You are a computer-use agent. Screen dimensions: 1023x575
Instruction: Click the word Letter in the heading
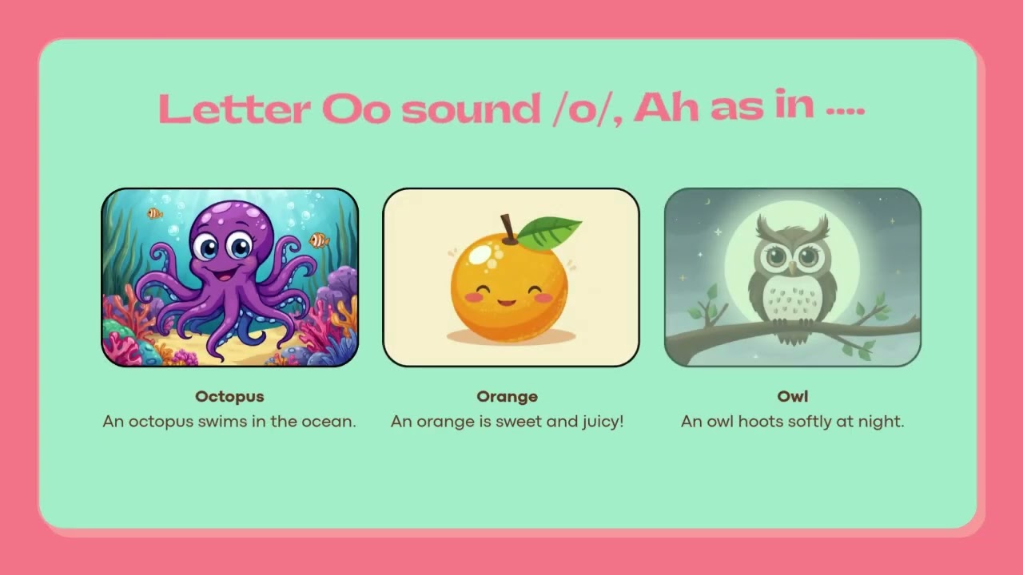(x=234, y=109)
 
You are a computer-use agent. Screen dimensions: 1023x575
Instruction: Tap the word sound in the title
(x=471, y=109)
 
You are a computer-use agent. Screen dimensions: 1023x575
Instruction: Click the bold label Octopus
(x=229, y=397)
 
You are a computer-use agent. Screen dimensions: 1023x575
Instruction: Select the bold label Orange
(x=507, y=397)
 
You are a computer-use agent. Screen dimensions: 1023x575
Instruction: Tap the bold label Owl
(x=792, y=396)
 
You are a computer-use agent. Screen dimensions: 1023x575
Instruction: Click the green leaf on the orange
(x=548, y=232)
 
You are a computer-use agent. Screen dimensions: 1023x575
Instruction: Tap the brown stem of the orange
(x=508, y=228)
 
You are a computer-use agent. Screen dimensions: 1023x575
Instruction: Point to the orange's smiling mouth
(x=507, y=303)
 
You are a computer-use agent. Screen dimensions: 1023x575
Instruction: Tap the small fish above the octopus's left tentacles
(x=155, y=213)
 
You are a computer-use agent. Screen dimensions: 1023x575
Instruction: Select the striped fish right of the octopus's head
(x=319, y=240)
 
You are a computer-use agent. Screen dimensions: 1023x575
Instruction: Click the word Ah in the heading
(x=667, y=108)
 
